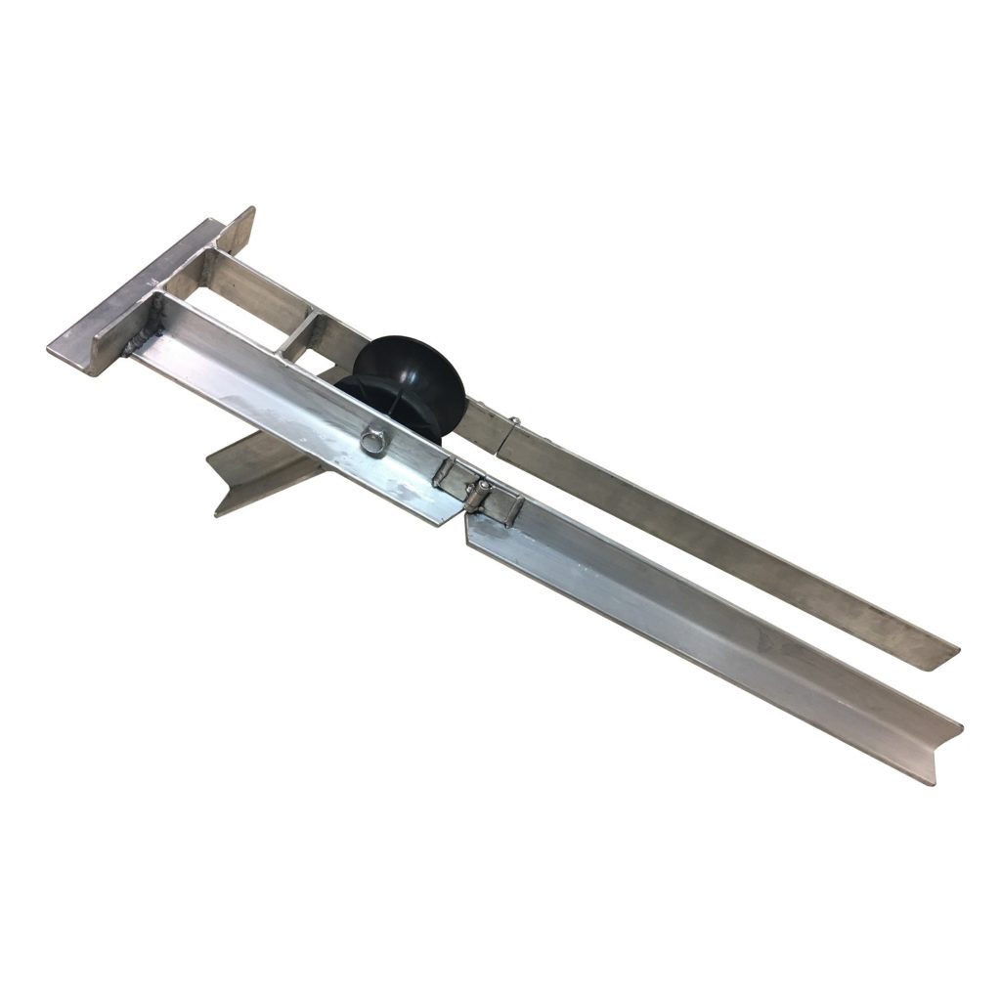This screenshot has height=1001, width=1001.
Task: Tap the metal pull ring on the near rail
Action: [x=371, y=442]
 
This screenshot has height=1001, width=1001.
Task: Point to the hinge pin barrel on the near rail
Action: [x=477, y=494]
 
